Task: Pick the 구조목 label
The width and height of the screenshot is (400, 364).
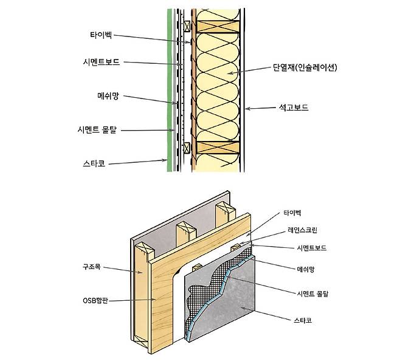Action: (x=97, y=267)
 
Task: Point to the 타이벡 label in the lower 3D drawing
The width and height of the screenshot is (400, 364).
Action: (x=292, y=213)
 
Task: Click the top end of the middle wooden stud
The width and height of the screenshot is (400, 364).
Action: (x=186, y=227)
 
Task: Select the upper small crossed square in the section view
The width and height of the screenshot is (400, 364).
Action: (x=187, y=26)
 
